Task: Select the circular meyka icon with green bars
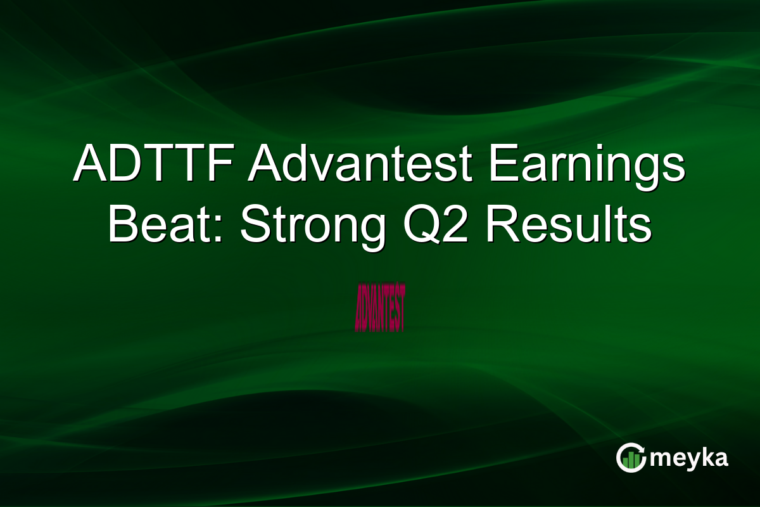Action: [631, 458]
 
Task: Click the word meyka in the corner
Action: [690, 458]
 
